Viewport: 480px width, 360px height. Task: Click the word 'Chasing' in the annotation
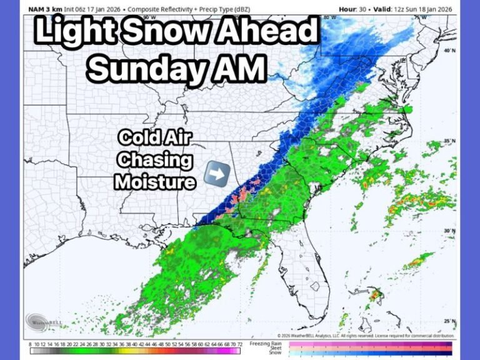(155, 159)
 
